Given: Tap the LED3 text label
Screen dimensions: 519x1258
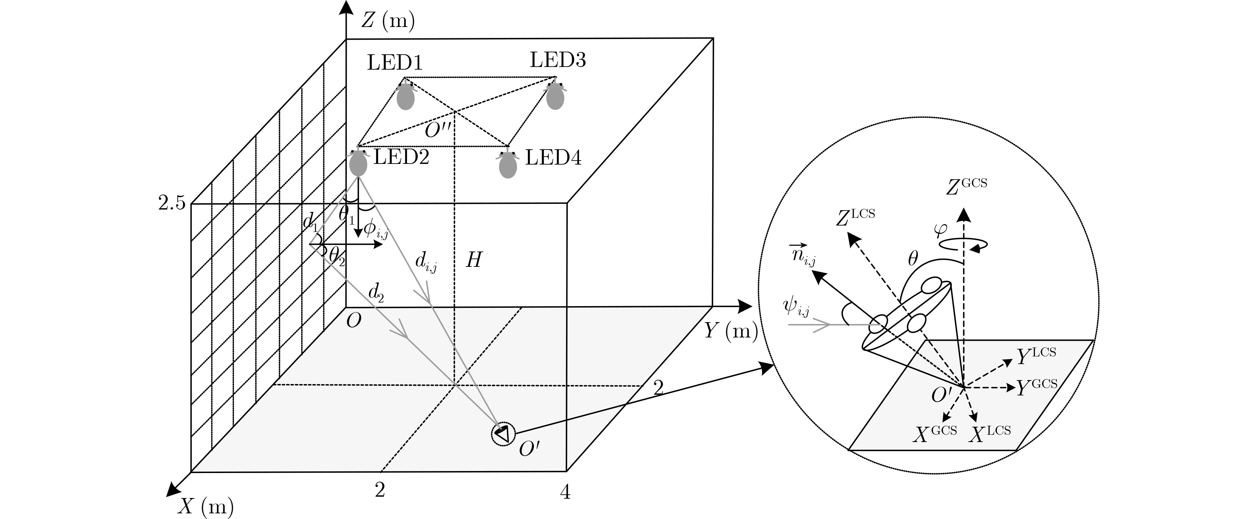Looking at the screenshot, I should point(558,60).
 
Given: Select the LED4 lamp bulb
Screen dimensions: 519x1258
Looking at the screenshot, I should point(508,166).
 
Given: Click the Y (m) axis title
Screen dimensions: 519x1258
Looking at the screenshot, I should point(730,331).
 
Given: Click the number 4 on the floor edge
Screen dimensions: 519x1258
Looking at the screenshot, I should point(565,492).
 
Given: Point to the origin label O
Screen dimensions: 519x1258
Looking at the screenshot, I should point(353,321).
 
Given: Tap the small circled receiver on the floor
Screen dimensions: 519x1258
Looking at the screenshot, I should point(503,433).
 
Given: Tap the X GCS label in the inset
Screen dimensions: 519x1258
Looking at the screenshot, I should point(935,433).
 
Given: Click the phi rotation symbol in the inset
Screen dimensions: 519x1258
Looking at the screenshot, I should point(941,230).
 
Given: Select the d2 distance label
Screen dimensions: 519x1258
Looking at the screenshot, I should point(376,293).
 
